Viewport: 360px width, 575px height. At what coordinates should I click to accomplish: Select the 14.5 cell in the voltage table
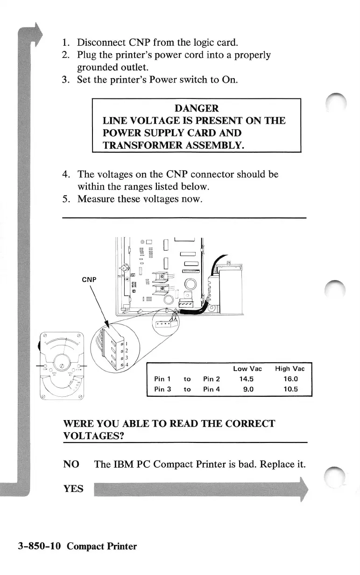click(x=247, y=379)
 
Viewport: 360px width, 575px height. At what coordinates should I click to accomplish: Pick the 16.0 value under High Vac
click(x=289, y=379)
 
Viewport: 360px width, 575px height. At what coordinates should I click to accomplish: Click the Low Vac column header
click(x=247, y=369)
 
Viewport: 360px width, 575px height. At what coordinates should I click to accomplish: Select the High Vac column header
click(x=289, y=369)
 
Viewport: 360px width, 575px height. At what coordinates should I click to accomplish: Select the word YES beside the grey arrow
click(x=73, y=489)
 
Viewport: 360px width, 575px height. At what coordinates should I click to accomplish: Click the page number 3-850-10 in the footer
click(x=37, y=546)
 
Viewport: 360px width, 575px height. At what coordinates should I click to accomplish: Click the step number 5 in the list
click(x=66, y=199)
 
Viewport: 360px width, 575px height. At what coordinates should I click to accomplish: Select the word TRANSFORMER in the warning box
click(x=138, y=145)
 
